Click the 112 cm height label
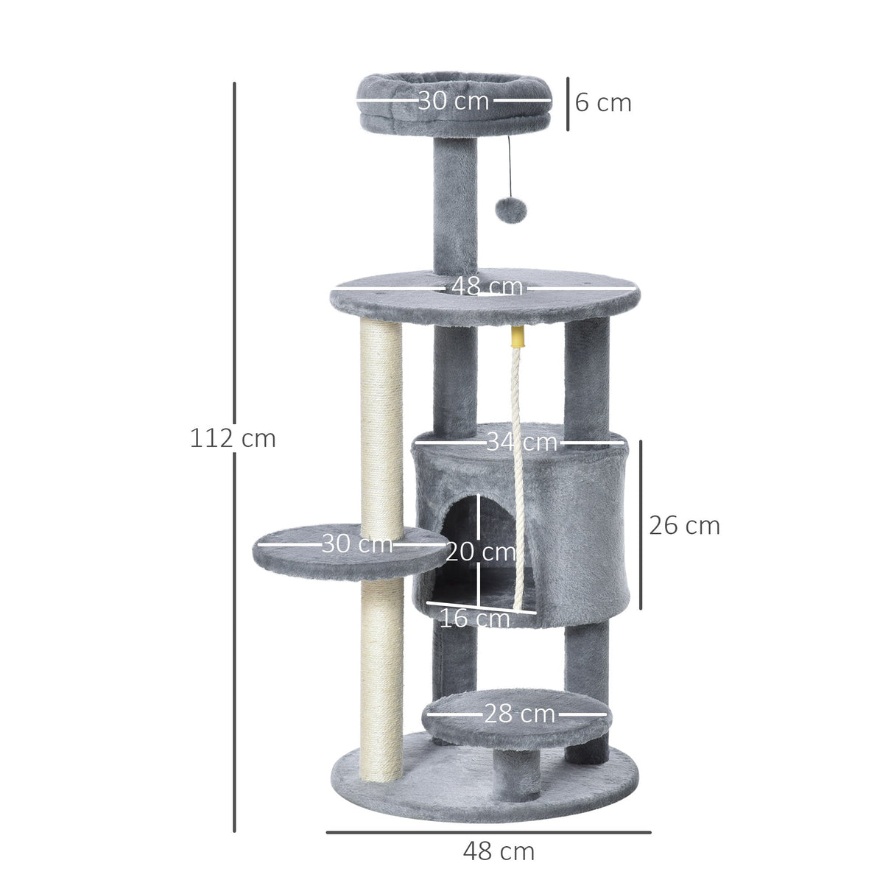233,438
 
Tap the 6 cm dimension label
603,102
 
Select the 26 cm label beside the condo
684,525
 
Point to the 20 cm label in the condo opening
480,551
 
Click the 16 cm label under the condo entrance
474,619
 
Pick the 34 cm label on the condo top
521,442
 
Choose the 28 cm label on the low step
519,714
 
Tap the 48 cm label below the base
499,851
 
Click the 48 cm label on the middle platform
487,286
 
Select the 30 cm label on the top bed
453,100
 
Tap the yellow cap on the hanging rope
518,339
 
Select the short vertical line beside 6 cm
568,103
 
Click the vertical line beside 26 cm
641,525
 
